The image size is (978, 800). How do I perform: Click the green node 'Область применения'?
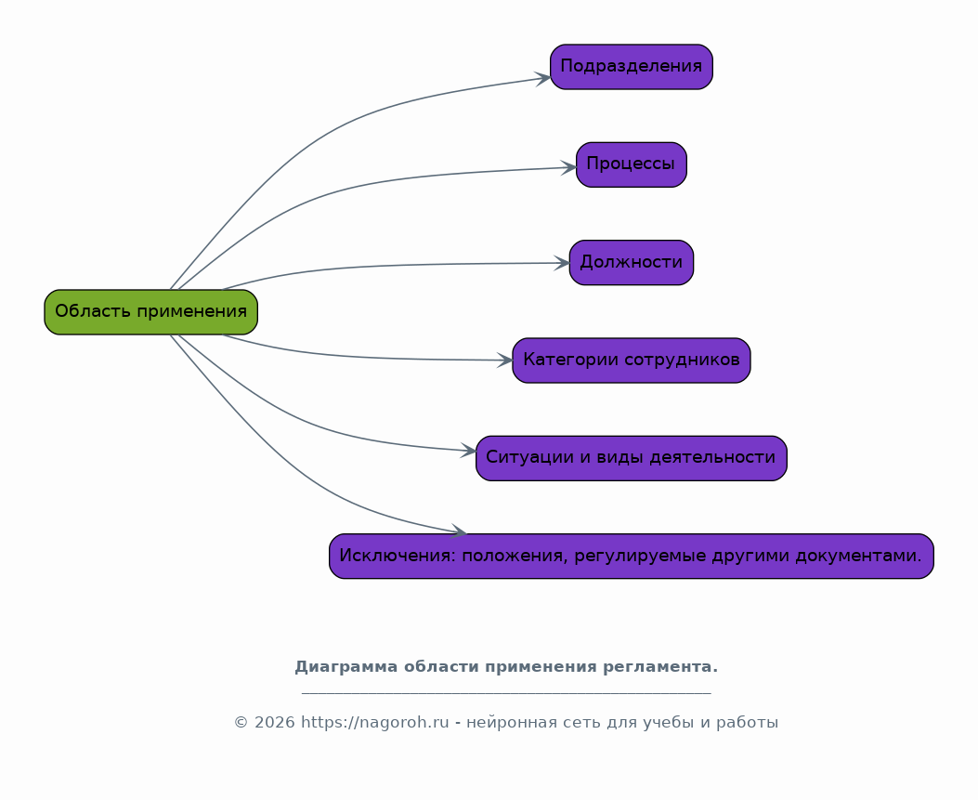click(151, 312)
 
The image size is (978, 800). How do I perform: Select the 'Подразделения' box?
click(632, 67)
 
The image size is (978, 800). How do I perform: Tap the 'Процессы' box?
click(632, 164)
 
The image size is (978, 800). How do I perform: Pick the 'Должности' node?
click(632, 263)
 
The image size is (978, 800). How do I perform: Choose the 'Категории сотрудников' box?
click(632, 361)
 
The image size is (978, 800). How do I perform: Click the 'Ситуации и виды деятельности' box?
click(632, 459)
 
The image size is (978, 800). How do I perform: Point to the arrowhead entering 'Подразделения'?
click(542, 79)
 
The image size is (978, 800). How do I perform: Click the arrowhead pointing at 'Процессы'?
click(568, 167)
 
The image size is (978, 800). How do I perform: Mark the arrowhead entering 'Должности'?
click(562, 263)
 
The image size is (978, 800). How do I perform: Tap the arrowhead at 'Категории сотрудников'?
click(505, 361)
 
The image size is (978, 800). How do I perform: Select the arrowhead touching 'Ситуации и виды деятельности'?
click(468, 450)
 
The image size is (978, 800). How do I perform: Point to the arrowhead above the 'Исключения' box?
click(459, 531)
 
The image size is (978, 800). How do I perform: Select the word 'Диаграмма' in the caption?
click(346, 667)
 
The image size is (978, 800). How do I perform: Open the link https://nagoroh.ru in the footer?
click(375, 723)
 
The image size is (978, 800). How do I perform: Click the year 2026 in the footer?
click(274, 723)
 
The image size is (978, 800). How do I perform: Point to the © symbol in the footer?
click(241, 723)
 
